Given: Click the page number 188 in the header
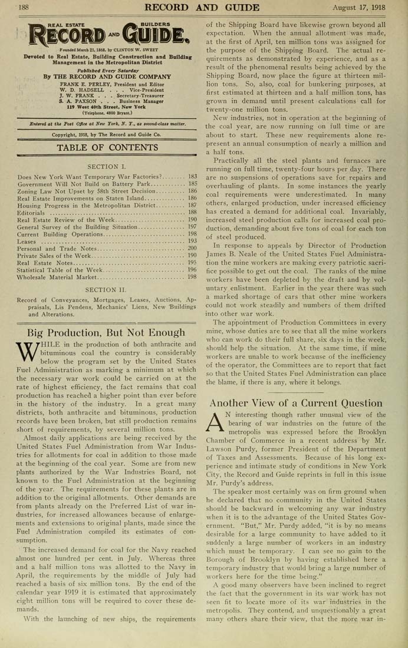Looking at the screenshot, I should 24,7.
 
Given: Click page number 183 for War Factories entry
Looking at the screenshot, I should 192,177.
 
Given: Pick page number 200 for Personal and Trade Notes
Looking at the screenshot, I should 192,248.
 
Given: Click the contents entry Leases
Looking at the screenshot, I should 27,241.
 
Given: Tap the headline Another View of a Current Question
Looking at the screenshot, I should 296,403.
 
